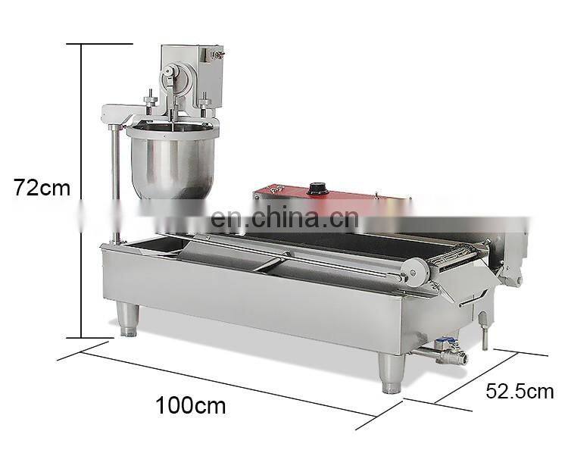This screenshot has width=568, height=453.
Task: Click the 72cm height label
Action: pos(42,188)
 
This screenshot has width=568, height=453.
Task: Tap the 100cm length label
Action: pos(191,405)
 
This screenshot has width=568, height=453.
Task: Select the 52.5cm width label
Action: pos(520,392)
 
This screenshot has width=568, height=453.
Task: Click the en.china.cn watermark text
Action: pos(285,218)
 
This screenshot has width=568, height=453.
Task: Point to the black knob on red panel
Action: pos(318,189)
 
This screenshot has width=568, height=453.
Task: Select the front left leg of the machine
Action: pos(128,319)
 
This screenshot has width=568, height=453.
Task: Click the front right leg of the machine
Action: pos(392,373)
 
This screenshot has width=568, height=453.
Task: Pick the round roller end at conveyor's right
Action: pos(413,271)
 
